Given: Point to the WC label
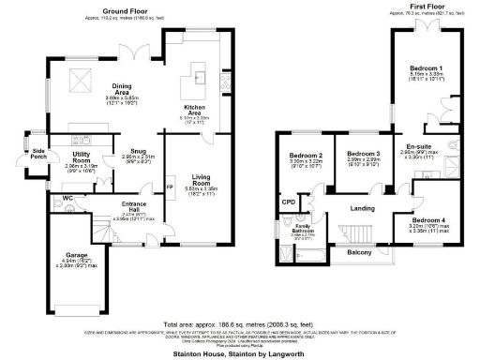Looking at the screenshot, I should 55,198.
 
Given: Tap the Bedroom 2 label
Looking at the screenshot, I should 306,156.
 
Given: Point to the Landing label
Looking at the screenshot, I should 362,208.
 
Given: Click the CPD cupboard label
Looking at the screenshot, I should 289,201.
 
